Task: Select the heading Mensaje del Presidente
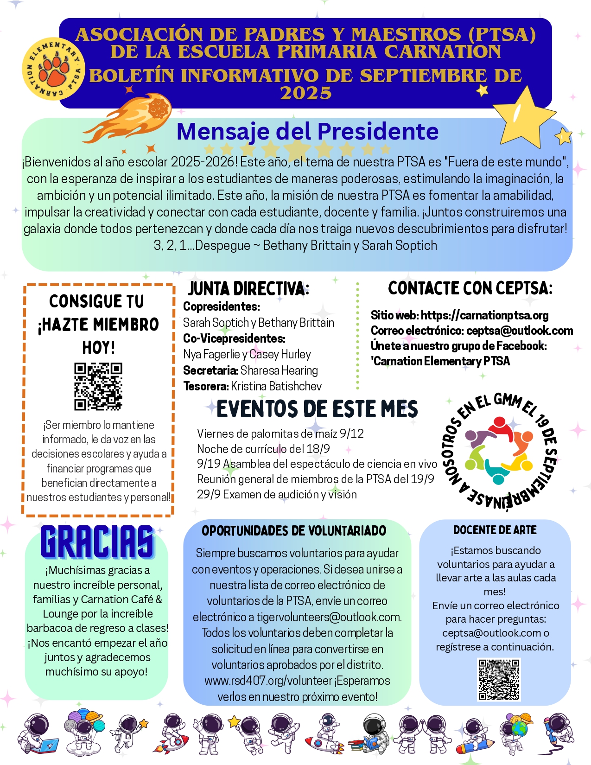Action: click(x=307, y=132)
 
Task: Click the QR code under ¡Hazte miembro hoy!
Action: click(x=98, y=387)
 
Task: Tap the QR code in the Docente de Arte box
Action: click(x=499, y=680)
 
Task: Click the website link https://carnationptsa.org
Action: click(x=484, y=315)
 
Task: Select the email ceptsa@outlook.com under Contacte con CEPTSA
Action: click(x=520, y=331)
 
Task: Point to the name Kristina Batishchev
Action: click(x=276, y=386)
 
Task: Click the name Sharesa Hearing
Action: click(x=279, y=370)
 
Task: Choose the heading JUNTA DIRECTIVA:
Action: click(x=248, y=288)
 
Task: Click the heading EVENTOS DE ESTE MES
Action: click(x=317, y=409)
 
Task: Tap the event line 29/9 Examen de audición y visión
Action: click(x=277, y=495)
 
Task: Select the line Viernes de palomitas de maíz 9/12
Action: click(x=280, y=433)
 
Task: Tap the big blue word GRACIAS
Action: click(x=97, y=542)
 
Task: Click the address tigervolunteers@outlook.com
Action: click(x=329, y=617)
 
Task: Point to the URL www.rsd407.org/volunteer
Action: click(x=268, y=681)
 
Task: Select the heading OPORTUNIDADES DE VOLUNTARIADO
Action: click(x=294, y=531)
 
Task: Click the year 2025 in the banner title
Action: click(x=305, y=93)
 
